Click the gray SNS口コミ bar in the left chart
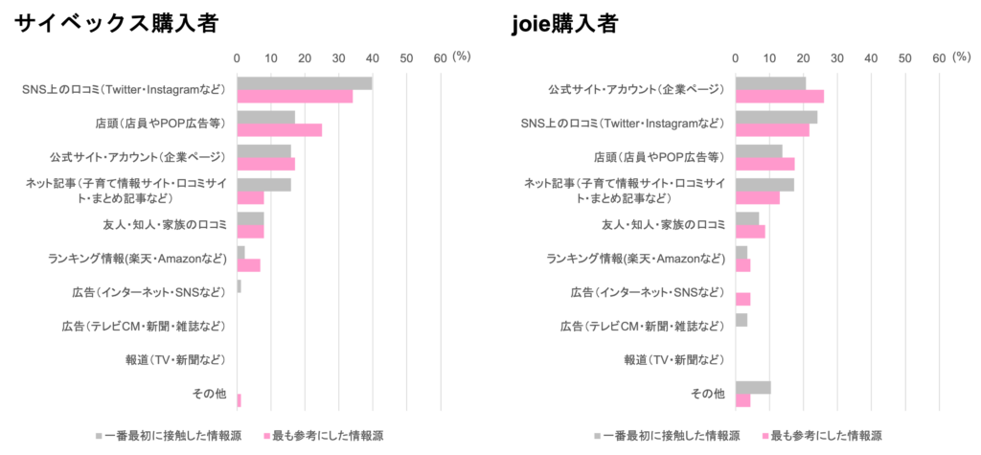pyautogui.click(x=305, y=83)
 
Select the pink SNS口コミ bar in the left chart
pyautogui.click(x=295, y=97)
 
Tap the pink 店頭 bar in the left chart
pyautogui.click(x=280, y=130)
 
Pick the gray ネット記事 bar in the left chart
pyautogui.click(x=264, y=184)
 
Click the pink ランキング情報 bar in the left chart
pyautogui.click(x=249, y=265)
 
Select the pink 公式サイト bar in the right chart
pyautogui.click(x=780, y=97)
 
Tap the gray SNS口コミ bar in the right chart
pyautogui.click(x=777, y=117)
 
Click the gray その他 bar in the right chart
pyautogui.click(x=754, y=387)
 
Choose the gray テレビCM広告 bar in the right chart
pyautogui.click(x=742, y=320)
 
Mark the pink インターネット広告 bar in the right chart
pyautogui.click(x=743, y=299)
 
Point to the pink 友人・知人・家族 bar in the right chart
pyautogui.click(x=751, y=232)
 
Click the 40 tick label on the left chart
pyautogui.click(x=372, y=57)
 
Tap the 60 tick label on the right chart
pyautogui.click(x=939, y=57)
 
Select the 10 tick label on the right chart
pyautogui.click(x=769, y=57)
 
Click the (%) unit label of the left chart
pyautogui.click(x=462, y=57)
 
